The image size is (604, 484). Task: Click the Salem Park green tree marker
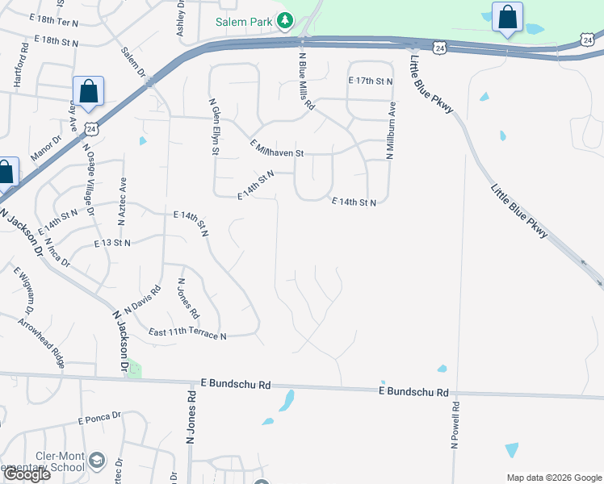(284, 20)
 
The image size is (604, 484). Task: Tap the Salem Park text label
(245, 21)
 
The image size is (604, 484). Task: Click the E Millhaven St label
(277, 148)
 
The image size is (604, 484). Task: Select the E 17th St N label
(371, 81)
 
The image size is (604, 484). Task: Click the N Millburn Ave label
(391, 130)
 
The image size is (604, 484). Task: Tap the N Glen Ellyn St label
(215, 128)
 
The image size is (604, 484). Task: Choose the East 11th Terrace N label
(187, 333)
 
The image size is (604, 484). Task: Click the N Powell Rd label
(455, 425)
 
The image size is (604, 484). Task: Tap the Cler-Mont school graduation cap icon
(97, 460)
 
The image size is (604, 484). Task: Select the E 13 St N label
(112, 243)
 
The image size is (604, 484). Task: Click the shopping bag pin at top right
(507, 18)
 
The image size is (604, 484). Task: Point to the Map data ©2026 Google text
(553, 477)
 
